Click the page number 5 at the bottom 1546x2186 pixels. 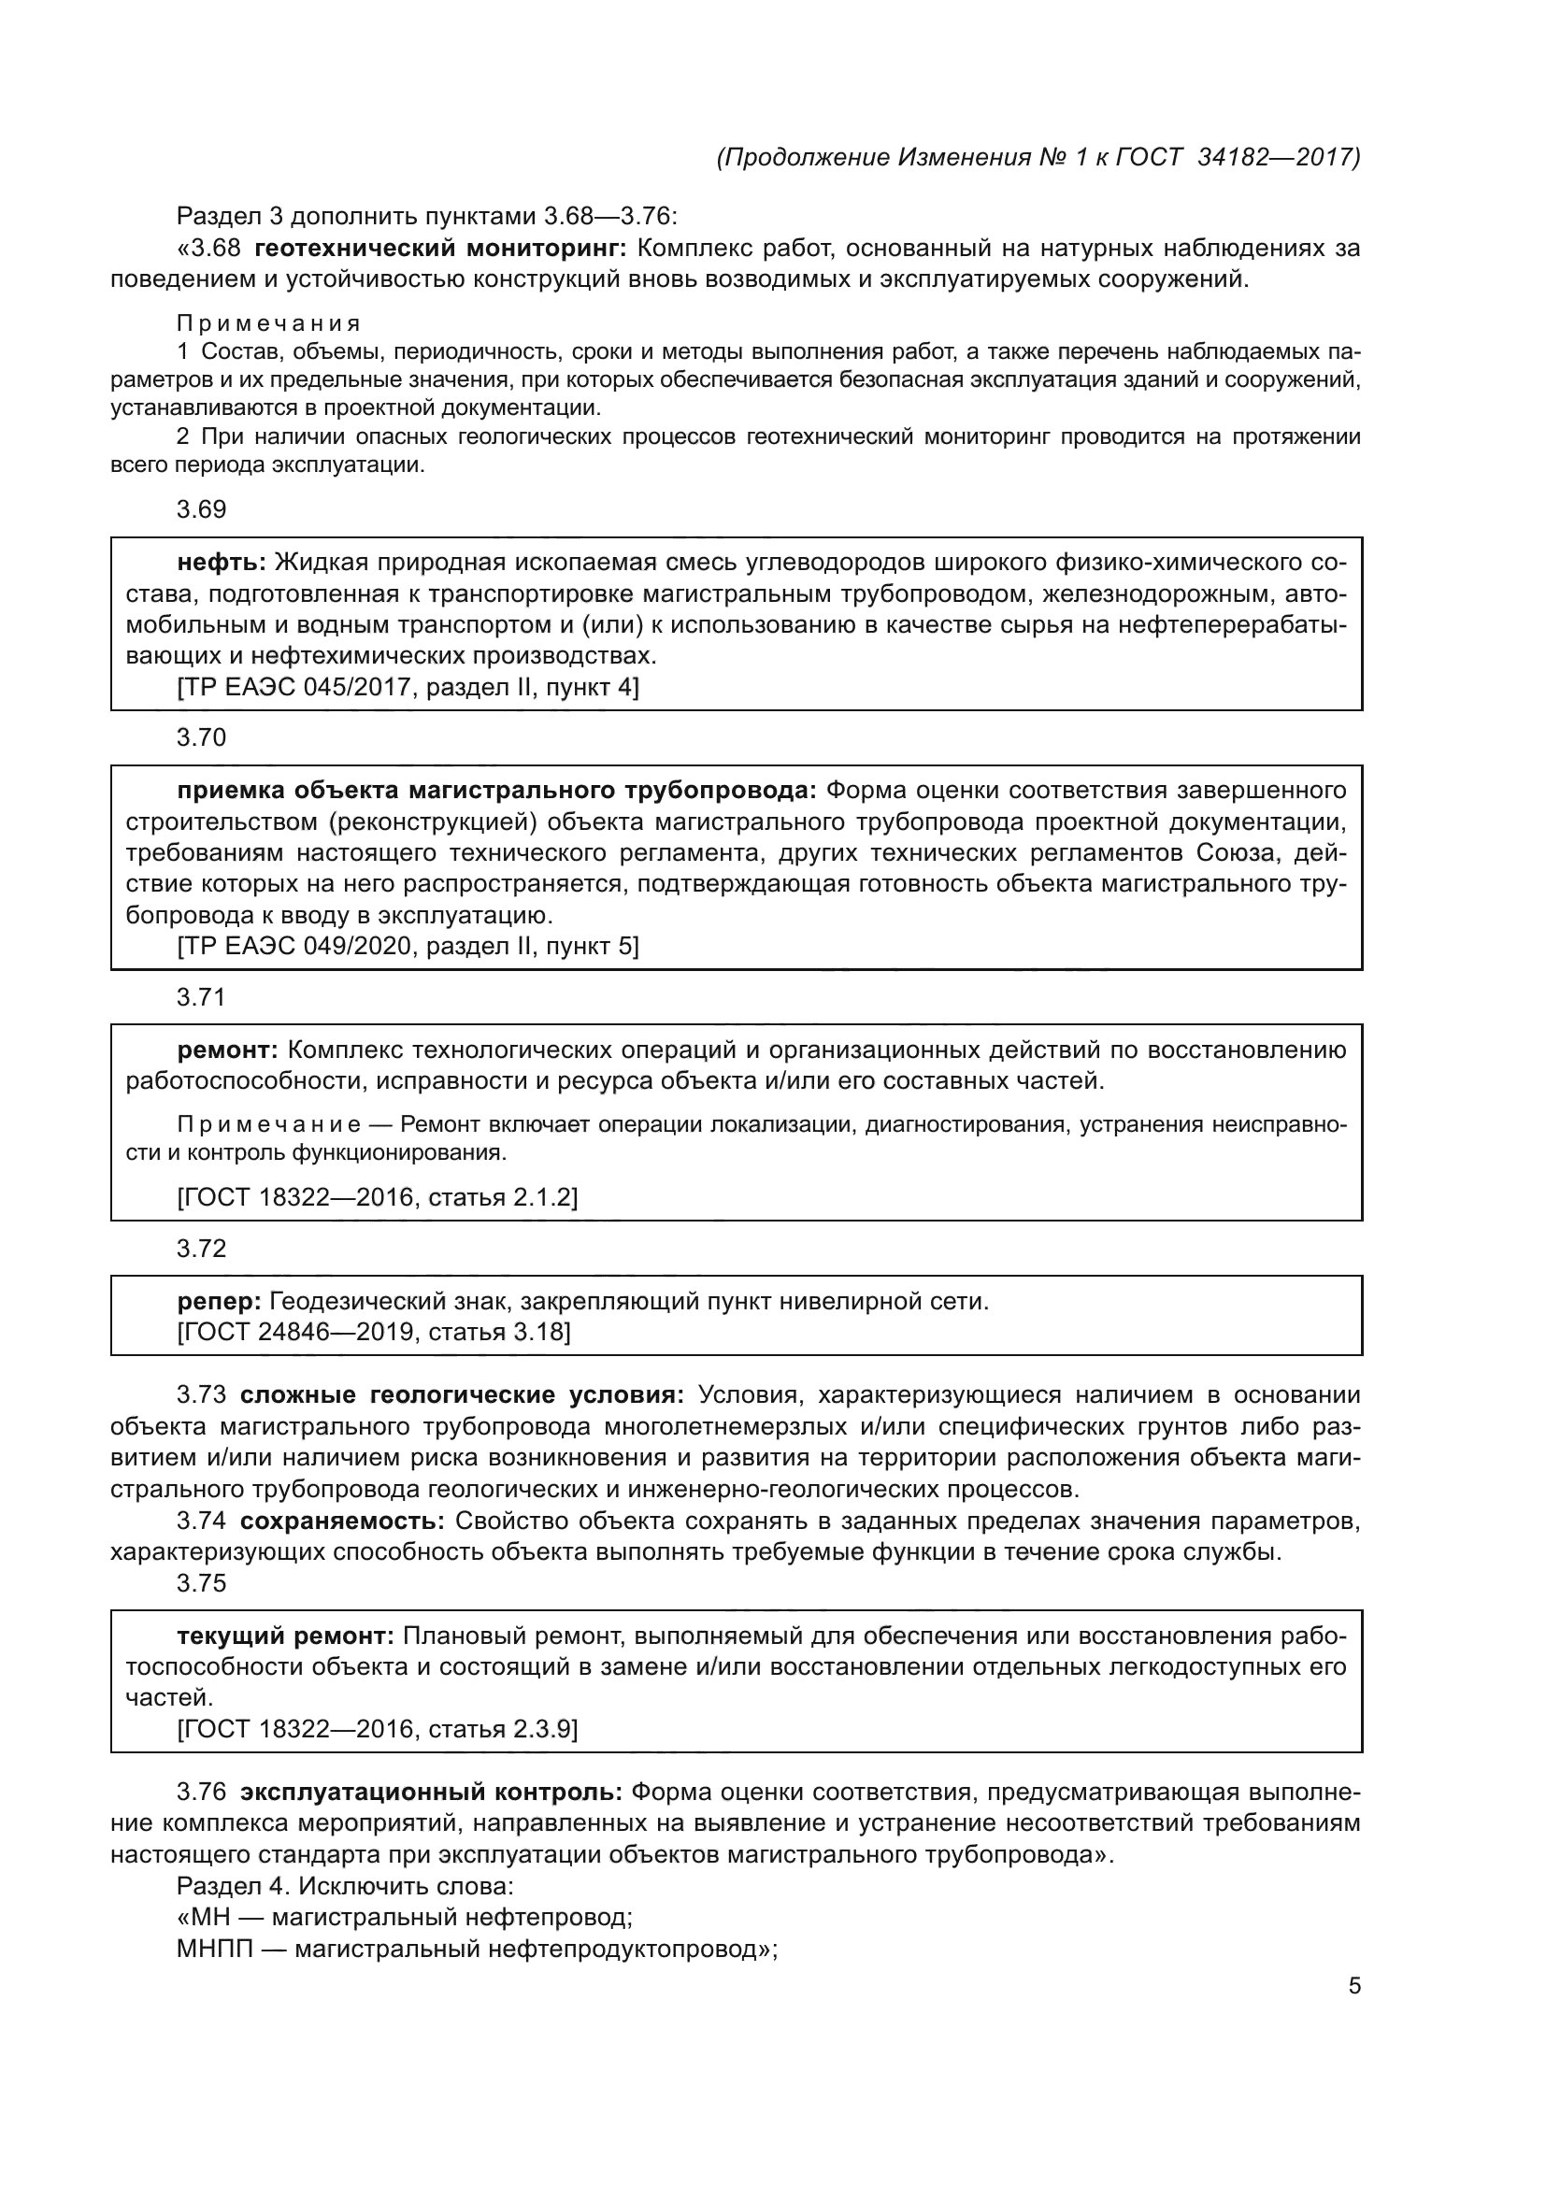1353,1986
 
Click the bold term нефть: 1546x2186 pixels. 222,563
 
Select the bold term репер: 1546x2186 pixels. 219,1301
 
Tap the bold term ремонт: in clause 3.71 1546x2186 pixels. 227,1050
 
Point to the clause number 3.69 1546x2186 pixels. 202,509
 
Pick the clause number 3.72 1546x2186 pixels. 202,1249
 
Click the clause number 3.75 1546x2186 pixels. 202,1582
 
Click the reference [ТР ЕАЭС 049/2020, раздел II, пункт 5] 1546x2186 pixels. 408,946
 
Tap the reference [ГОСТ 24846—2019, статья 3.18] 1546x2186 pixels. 374,1331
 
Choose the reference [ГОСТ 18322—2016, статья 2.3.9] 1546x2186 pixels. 378,1728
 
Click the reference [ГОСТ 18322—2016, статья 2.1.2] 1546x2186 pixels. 378,1196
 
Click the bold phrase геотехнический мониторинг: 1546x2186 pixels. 441,249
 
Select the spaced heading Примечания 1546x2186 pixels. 268,323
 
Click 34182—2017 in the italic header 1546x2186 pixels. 1277,157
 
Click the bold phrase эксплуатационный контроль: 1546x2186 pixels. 431,1792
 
